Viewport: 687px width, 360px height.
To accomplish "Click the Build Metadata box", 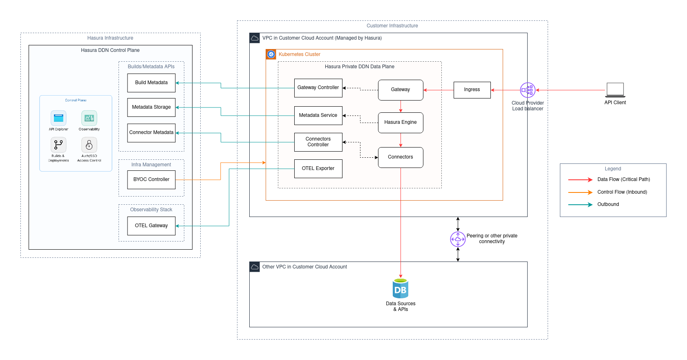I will click(151, 83).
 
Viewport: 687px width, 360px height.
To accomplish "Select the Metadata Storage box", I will click(151, 107).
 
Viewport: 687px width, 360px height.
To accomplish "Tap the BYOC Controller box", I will click(151, 179).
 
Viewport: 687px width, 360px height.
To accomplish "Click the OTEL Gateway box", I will click(151, 226).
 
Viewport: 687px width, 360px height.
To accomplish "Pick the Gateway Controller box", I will click(318, 88).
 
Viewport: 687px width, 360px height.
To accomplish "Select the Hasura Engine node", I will click(401, 123).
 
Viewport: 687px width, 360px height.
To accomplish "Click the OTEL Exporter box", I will click(318, 168).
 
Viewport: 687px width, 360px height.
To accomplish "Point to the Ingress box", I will click(472, 90).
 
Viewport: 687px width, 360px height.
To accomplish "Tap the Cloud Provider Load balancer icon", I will click(528, 90).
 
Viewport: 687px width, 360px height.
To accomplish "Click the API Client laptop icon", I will click(615, 90).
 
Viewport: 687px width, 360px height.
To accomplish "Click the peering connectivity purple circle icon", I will click(458, 239).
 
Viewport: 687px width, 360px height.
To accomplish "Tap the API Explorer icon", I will click(58, 118).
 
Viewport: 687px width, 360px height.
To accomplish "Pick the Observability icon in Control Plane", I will click(89, 118).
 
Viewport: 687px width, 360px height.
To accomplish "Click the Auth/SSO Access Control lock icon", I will click(89, 145).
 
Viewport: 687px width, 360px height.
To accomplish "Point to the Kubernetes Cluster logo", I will click(271, 54).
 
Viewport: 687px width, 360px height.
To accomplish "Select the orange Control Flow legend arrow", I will click(580, 192).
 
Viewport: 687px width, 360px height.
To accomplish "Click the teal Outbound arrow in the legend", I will click(580, 204).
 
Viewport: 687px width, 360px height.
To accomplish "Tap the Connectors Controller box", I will click(318, 142).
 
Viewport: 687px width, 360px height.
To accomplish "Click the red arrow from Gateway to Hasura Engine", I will click(401, 106).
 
